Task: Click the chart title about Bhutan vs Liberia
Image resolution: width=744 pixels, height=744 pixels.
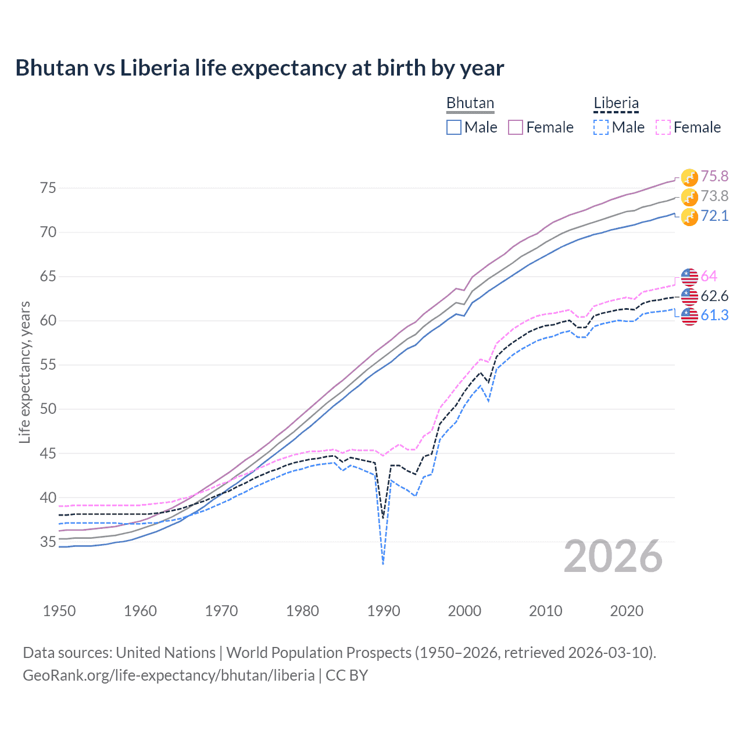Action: pos(259,68)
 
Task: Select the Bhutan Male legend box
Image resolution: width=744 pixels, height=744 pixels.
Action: pos(454,127)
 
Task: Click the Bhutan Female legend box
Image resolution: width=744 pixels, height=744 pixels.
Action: pos(516,127)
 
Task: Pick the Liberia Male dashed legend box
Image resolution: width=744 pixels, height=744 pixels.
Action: pos(601,127)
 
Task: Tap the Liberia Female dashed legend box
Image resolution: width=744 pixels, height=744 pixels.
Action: pos(663,127)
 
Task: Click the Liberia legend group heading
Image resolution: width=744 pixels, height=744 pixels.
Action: pos(616,103)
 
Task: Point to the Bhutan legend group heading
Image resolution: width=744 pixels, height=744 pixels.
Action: pos(470,103)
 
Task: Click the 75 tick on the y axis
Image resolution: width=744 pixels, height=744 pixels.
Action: pos(48,188)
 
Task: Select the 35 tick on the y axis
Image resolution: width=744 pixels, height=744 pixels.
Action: pos(48,542)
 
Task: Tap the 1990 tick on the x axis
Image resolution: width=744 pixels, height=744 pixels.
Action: pos(384,611)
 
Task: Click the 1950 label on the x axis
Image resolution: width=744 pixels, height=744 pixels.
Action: pos(59,611)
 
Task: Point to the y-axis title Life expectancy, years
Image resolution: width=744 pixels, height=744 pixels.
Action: pos(24,372)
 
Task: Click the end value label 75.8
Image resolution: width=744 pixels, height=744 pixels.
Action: pos(714,177)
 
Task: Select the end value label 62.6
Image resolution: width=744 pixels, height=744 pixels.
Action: pos(714,296)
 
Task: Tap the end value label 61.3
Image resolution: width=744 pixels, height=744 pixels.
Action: pos(714,315)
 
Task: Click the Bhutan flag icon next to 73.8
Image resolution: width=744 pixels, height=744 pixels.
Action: pos(689,197)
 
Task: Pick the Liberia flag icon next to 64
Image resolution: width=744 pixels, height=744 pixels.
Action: pos(689,277)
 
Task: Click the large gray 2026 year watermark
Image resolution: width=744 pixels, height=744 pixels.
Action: pos(613,557)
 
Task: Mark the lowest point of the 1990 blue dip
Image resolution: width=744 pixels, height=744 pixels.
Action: pos(383,564)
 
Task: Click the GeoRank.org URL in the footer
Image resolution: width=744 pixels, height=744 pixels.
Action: pos(169,675)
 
